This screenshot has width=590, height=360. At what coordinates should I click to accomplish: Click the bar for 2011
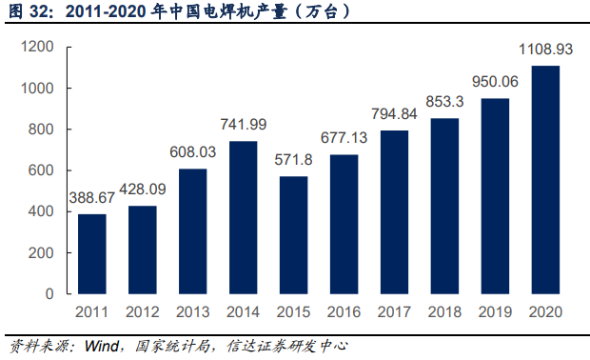(x=92, y=254)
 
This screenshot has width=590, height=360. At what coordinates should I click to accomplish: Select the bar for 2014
(x=243, y=217)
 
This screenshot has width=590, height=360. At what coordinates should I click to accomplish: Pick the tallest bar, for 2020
(x=545, y=180)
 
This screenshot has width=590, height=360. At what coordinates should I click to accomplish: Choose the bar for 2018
(x=444, y=206)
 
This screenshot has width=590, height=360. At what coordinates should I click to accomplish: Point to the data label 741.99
(x=243, y=129)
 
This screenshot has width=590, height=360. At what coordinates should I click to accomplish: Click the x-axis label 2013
(x=193, y=312)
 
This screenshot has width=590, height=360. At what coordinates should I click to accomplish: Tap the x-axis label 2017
(x=394, y=312)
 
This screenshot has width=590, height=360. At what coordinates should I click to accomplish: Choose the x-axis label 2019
(x=495, y=312)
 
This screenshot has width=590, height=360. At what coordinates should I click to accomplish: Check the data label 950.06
(x=495, y=81)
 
